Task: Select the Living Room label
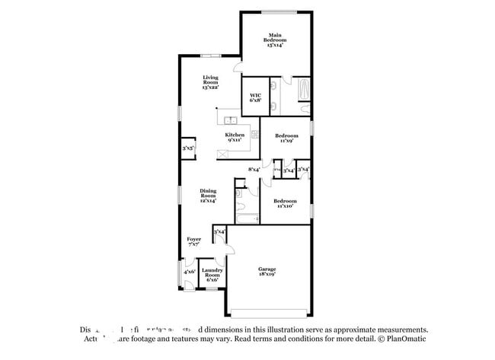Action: (211, 82)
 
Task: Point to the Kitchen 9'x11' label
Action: (234, 137)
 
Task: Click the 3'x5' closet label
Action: (187, 148)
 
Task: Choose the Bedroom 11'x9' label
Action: (286, 138)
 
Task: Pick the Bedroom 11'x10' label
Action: (286, 203)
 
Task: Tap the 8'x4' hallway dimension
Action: (254, 170)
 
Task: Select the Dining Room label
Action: (208, 196)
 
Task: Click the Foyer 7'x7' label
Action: (194, 241)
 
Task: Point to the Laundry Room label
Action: (212, 275)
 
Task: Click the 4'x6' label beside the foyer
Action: (189, 271)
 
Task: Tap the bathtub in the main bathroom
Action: (303, 89)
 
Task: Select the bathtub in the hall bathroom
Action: (247, 219)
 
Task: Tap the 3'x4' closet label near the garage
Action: (219, 231)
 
